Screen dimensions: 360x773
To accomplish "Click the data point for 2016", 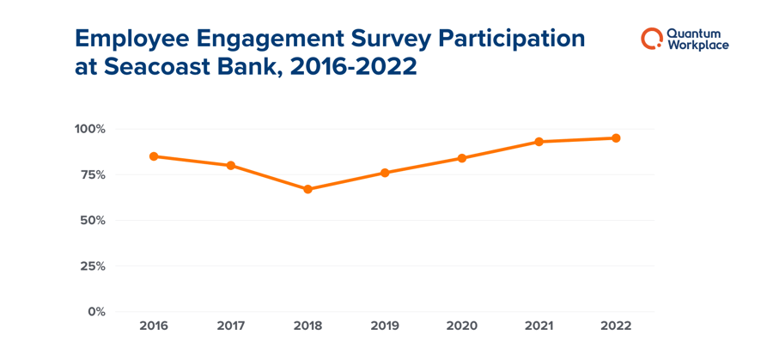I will [154, 156].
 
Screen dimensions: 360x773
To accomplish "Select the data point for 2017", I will [231, 165].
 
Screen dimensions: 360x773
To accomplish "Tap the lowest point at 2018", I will [307, 189].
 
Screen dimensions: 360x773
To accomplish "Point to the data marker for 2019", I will [385, 173].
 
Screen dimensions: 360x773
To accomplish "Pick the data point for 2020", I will [462, 158].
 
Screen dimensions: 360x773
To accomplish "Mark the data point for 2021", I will [539, 142].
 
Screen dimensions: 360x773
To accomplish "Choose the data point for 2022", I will [616, 138].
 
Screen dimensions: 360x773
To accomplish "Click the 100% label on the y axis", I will [89, 129].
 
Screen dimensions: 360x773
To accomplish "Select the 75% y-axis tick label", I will [92, 174].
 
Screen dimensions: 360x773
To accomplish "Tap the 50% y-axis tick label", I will [92, 220].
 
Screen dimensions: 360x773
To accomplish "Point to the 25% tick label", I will [92, 265].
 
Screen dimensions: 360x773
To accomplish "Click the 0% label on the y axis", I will [95, 311].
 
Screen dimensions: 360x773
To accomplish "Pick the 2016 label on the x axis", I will [154, 326].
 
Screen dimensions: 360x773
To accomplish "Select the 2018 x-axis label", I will [307, 326].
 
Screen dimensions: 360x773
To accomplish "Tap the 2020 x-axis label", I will [462, 326].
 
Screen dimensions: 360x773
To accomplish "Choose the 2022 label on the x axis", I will [616, 326].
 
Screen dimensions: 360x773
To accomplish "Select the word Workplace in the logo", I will [697, 46].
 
